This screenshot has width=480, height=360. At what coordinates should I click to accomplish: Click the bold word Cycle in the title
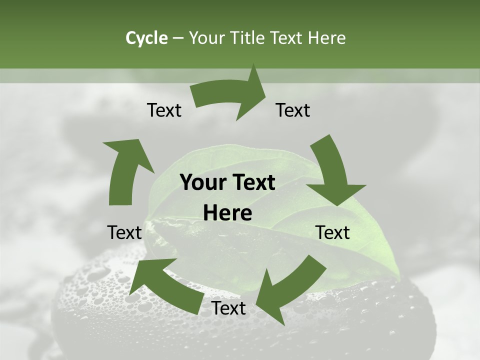coord(146,38)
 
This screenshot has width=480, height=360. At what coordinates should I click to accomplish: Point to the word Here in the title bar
coord(326,38)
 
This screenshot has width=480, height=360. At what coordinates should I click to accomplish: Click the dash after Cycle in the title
coord(177,38)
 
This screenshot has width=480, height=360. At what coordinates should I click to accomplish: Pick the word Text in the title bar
coord(287,38)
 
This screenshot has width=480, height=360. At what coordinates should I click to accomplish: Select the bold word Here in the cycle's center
coord(227,213)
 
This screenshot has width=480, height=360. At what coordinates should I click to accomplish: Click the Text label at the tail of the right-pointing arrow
coord(164,110)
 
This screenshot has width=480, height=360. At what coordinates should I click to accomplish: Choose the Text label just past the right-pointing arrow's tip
coord(293,110)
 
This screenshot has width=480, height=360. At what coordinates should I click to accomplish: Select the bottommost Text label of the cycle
coord(228,308)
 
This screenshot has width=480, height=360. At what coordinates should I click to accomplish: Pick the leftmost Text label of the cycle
coord(124,232)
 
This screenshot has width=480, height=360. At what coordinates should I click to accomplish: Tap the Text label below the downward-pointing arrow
coord(333,232)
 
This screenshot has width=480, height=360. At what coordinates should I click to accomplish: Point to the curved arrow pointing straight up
coord(125,170)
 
